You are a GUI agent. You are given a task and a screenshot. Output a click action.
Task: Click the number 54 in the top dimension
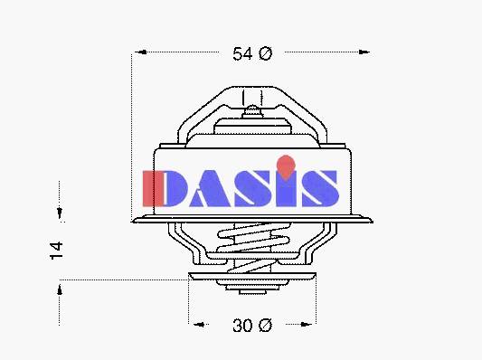[x=242, y=53]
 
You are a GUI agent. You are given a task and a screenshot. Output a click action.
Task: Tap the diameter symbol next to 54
[x=265, y=53]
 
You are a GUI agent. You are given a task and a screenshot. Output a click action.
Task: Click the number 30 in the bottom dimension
[x=242, y=326]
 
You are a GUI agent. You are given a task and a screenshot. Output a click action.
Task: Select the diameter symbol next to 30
[x=265, y=326]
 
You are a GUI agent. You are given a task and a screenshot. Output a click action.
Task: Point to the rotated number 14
[x=57, y=251]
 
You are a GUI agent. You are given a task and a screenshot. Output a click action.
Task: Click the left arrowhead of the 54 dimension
[x=141, y=52]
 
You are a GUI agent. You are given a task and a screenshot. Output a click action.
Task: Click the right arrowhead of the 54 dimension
[x=364, y=52]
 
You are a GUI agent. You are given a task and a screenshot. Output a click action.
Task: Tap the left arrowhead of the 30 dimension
[x=199, y=324]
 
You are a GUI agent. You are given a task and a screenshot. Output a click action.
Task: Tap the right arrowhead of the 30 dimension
[x=306, y=324]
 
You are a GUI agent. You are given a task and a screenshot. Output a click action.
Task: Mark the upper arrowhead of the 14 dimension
[x=60, y=213]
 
